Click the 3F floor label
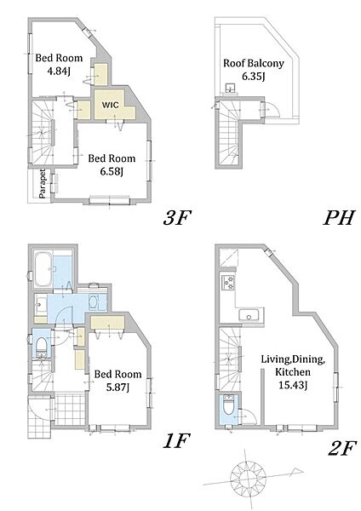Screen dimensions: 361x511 click(x=176, y=217)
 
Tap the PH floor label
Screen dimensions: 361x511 click(x=339, y=217)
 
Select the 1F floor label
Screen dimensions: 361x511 click(x=176, y=441)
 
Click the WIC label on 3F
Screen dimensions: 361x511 click(x=111, y=105)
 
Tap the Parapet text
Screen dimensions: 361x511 click(x=43, y=183)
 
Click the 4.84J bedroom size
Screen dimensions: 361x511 click(x=59, y=71)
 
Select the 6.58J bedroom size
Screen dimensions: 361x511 click(x=112, y=171)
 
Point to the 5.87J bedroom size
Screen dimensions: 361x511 click(x=118, y=388)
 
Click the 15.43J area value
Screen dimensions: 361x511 click(x=293, y=385)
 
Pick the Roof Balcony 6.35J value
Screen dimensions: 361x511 click(x=253, y=77)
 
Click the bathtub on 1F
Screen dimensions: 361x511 click(x=43, y=269)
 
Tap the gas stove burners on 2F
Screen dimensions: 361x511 click(x=227, y=282)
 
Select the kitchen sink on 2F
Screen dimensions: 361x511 click(x=249, y=315)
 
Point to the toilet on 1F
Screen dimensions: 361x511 click(x=42, y=346)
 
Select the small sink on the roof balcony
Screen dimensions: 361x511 click(x=231, y=89)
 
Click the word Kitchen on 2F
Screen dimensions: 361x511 click(x=293, y=372)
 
